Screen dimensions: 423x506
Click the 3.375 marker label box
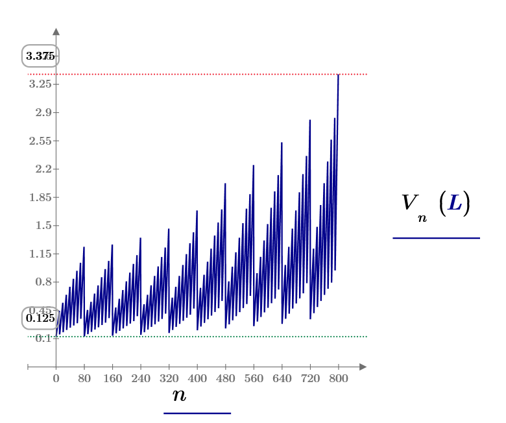40,56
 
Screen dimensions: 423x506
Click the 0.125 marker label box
40,318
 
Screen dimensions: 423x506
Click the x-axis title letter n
179,394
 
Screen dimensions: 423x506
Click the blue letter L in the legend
455,204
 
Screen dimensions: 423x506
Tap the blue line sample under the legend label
436,238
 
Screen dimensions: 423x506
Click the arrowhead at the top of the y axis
56,31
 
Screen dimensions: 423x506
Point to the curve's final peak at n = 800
338,75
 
